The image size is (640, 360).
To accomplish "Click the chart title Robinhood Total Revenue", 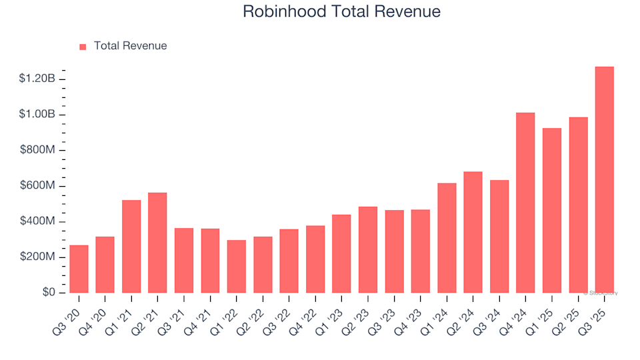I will [341, 11].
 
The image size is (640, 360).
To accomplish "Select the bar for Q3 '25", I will [604, 180].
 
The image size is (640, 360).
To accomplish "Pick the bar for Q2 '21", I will [157, 243].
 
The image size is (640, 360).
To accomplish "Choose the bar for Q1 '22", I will [236, 267].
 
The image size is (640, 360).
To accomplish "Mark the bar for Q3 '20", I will [79, 269].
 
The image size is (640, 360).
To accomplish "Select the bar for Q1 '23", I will [341, 253].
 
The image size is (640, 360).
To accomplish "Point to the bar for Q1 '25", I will [551, 211].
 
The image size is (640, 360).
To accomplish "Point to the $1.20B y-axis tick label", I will [37, 79].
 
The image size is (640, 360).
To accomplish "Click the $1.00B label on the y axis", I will [37, 115].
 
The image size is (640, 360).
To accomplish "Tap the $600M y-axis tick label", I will [37, 186].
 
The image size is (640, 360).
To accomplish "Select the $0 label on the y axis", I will [48, 293].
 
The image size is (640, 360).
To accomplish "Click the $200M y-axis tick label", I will [37, 257].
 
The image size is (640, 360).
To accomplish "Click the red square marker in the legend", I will [83, 47].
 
